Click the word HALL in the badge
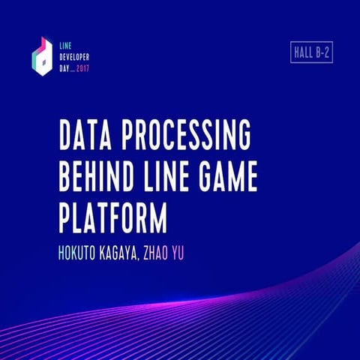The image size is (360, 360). click(x=301, y=52)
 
